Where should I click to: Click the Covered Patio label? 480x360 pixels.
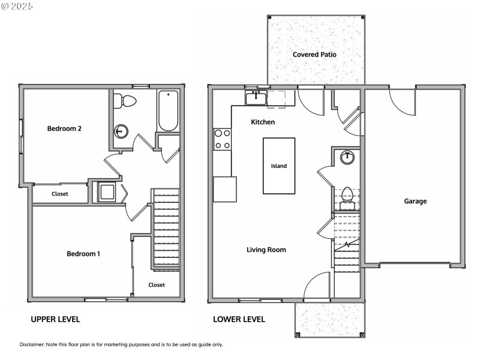[x=314, y=55]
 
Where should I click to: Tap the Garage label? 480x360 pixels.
[x=415, y=202]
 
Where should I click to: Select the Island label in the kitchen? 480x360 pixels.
[x=278, y=166]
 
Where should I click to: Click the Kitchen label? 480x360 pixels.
[x=263, y=122]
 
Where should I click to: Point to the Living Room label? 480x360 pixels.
[x=266, y=250]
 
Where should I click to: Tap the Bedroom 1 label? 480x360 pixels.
[x=83, y=254]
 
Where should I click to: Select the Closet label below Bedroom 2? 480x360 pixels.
[x=60, y=194]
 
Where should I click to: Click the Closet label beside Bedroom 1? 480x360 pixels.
[x=157, y=285]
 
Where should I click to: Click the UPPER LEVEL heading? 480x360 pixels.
[x=55, y=319]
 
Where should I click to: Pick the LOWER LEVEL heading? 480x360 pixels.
[x=239, y=319]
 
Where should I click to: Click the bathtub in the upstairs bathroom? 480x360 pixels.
[x=168, y=110]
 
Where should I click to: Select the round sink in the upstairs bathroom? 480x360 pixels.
[x=122, y=131]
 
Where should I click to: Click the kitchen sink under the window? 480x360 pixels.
[x=256, y=97]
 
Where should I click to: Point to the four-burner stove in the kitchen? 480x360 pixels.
[x=223, y=139]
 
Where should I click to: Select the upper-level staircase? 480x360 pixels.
[x=166, y=228]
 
